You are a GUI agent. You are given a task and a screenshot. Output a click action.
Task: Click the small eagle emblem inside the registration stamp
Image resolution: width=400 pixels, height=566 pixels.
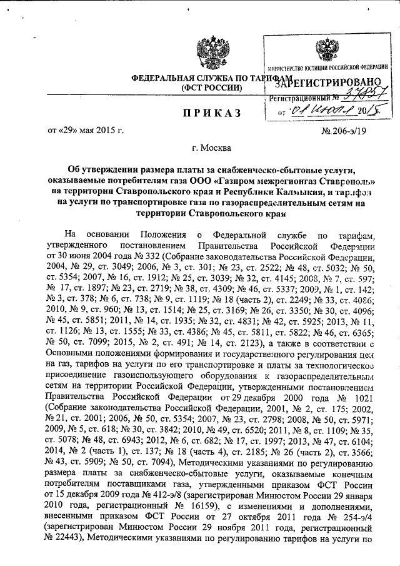(324, 50)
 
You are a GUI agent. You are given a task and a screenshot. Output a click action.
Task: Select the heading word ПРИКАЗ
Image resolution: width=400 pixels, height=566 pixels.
(204, 113)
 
